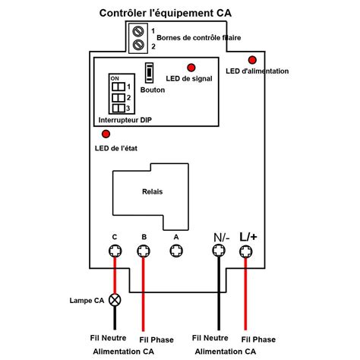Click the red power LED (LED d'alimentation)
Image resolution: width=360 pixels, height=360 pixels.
coord(252,60)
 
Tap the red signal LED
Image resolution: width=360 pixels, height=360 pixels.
coord(191,68)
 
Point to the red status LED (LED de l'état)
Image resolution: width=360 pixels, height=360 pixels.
coord(106,134)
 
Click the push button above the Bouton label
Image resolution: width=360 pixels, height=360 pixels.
coord(149,73)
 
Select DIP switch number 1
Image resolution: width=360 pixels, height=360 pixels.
coord(118,87)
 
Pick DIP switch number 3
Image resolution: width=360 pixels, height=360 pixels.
coord(118,109)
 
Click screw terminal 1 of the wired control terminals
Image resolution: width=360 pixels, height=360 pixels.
coord(138,31)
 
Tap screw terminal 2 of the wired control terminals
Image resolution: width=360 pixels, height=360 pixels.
coord(138,45)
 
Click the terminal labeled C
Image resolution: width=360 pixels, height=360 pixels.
coord(115,251)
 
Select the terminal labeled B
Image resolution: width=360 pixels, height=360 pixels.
coord(144,251)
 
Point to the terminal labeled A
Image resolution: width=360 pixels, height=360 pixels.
coord(176,251)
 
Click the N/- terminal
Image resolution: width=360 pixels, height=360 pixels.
coord(219,251)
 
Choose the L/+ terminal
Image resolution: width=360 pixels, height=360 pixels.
coord(246,251)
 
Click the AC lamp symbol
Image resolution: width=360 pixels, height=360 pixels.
coord(115,300)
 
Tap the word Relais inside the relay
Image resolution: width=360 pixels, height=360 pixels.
coord(153,191)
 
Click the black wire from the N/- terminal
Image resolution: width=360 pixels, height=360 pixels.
coord(219,293)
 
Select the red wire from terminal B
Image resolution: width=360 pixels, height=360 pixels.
coord(144,294)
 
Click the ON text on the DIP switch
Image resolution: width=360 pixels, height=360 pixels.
coord(115,78)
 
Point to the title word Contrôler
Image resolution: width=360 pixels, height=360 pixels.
coord(123,13)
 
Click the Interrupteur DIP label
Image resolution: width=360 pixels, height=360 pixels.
coord(125,120)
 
